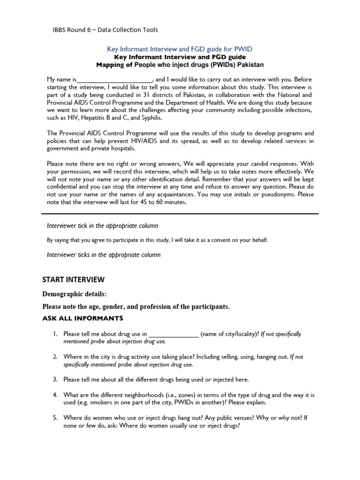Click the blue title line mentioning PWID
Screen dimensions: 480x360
pos(180,49)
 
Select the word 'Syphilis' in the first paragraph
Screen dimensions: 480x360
pos(136,118)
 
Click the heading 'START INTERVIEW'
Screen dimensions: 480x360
pos(74,280)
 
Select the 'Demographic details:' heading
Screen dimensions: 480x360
pos(75,294)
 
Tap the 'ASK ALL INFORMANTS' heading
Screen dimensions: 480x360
pos(82,319)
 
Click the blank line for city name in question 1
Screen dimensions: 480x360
pos(173,334)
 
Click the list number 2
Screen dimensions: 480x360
pos(55,357)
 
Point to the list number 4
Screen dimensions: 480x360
pos(55,395)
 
